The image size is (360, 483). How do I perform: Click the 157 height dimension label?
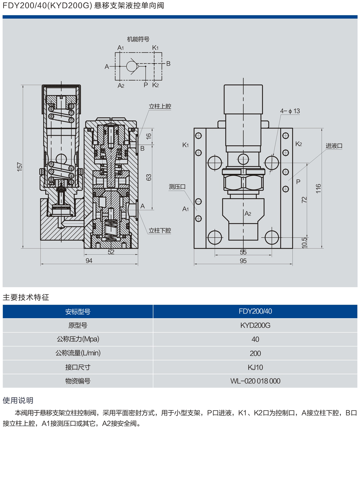point(20,166)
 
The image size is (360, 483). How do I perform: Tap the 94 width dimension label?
point(89,260)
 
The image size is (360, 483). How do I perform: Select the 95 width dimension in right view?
point(243,261)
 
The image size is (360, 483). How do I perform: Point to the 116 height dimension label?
point(318,188)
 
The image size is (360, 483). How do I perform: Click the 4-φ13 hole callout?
point(290,111)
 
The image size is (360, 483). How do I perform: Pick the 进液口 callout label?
point(334,146)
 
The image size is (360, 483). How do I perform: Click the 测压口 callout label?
point(177,186)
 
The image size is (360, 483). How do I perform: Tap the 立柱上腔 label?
point(160,106)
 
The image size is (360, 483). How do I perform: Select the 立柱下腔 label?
point(160,230)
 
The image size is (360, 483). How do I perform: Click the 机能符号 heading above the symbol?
point(138,39)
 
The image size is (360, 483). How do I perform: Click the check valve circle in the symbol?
point(132,66)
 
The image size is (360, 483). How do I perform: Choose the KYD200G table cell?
point(255,325)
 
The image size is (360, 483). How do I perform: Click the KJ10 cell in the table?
point(255,367)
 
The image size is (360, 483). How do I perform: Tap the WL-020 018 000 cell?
point(255,381)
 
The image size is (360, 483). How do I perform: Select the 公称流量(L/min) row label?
point(78,353)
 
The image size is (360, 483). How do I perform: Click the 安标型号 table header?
point(78,311)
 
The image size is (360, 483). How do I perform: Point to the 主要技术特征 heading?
point(26,297)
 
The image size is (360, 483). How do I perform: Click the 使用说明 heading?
point(18,400)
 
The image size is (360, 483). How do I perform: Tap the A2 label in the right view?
point(248,213)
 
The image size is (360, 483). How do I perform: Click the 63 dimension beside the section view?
point(149,177)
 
